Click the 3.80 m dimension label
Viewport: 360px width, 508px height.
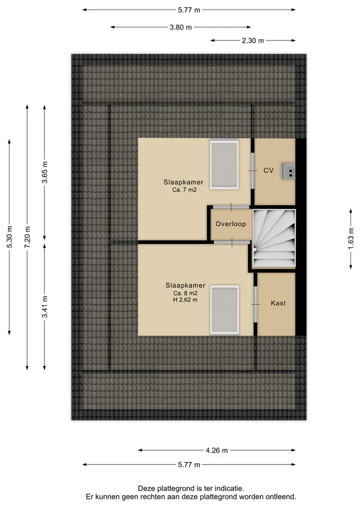(x=180, y=27)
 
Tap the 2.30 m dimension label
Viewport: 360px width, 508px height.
(x=252, y=41)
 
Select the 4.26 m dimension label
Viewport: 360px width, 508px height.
(x=216, y=451)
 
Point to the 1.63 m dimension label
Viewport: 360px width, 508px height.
(x=350, y=239)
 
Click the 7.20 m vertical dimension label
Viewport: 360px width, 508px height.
(x=27, y=237)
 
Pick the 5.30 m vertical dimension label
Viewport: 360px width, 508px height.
(x=9, y=237)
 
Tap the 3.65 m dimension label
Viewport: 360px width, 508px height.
(x=45, y=172)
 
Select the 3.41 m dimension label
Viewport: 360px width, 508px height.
(x=45, y=307)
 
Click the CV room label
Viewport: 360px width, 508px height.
(x=268, y=170)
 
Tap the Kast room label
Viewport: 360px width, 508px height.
(x=278, y=303)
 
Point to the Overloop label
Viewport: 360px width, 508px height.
(x=230, y=224)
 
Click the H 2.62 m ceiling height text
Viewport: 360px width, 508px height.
(x=185, y=300)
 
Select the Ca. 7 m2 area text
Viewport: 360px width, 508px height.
(x=184, y=190)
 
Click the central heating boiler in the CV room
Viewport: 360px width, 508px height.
(x=288, y=171)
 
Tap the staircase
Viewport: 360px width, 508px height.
(x=274, y=238)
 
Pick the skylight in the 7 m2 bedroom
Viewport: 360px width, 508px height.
(x=224, y=164)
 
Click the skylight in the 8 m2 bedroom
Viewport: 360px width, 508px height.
(x=224, y=310)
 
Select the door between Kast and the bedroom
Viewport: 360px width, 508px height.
(x=255, y=304)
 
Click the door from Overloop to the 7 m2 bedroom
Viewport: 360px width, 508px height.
(x=231, y=207)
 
